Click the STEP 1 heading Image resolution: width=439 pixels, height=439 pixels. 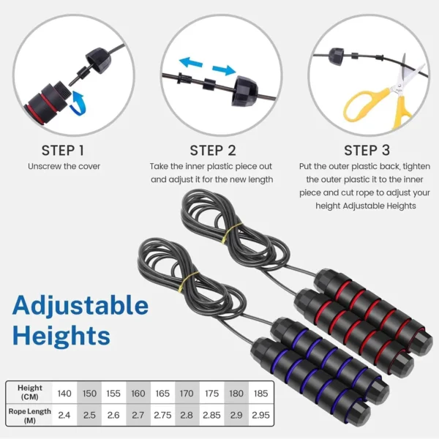click(x=63, y=150)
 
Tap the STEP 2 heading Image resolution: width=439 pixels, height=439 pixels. click(x=212, y=150)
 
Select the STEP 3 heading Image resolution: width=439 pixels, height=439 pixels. click(x=367, y=150)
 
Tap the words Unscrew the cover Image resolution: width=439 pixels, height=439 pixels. click(x=64, y=167)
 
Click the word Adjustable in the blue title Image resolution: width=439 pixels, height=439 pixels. click(x=80, y=305)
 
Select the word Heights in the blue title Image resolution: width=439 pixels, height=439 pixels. click(x=61, y=336)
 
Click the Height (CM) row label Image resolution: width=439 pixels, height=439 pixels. click(x=30, y=393)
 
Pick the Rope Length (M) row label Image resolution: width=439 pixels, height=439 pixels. click(x=30, y=415)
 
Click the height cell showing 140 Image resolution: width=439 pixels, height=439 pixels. click(x=64, y=394)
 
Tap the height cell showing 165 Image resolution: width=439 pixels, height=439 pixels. click(x=162, y=394)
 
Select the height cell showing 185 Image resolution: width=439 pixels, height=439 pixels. click(x=260, y=394)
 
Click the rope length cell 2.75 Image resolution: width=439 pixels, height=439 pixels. click(x=162, y=415)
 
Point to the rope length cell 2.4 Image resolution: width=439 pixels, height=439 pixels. click(x=64, y=415)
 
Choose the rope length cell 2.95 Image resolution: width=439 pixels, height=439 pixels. click(x=260, y=415)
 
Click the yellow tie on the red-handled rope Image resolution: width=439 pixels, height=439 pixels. click(x=232, y=233)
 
